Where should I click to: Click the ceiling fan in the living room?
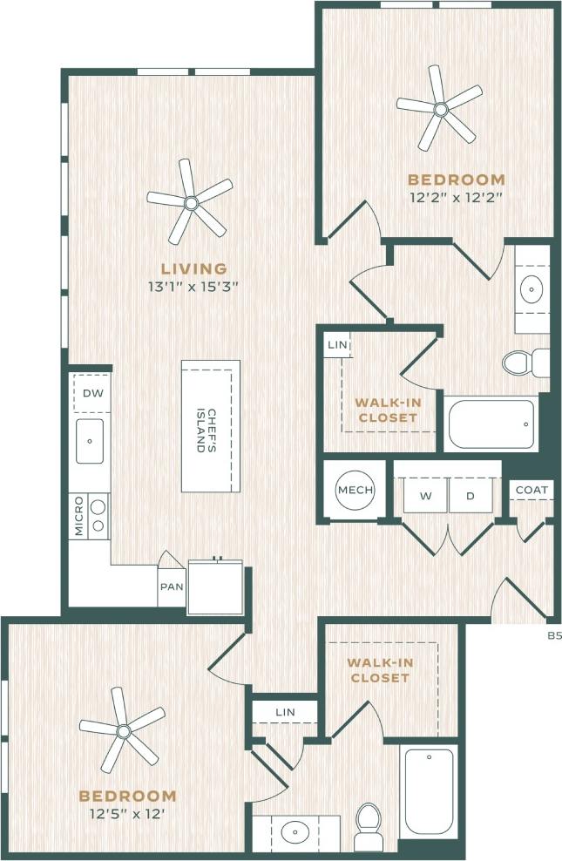tap(190, 203)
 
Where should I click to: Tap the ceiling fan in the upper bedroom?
tap(440, 109)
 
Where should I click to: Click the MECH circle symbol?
tap(355, 491)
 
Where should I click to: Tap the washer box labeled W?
tap(426, 496)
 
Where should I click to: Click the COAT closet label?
tap(532, 490)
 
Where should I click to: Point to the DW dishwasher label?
tap(92, 393)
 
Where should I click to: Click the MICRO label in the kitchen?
tap(78, 515)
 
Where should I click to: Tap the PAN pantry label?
tap(172, 586)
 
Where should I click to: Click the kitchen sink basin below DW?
tap(90, 441)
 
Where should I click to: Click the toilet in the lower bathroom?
tap(368, 824)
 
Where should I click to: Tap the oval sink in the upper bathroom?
tap(532, 288)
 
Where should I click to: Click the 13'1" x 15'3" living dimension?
tap(193, 286)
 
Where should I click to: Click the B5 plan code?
tap(554, 636)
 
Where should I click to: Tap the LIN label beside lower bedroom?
tap(285, 712)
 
